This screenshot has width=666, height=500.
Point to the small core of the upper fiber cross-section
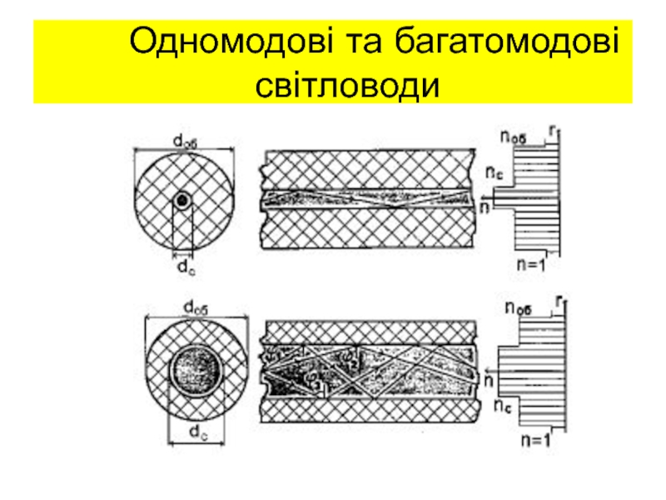(x=182, y=200)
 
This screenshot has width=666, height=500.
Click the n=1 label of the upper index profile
(x=527, y=266)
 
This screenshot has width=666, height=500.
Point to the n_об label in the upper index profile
(x=514, y=137)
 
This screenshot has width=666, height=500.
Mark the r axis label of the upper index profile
(x=552, y=129)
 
